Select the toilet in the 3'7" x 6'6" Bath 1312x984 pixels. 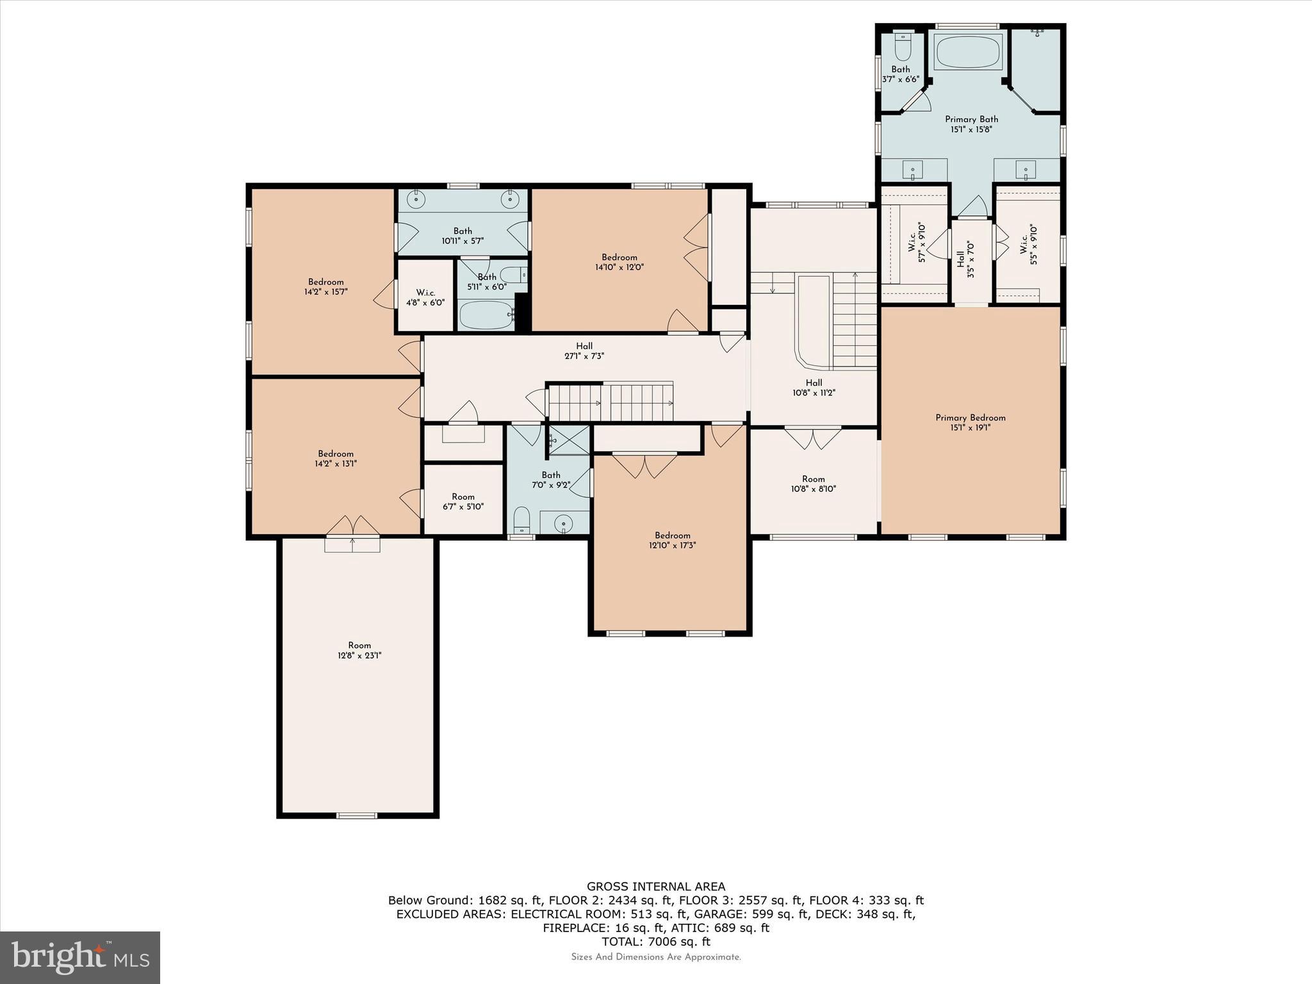903,46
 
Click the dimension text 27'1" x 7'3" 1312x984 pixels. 584,356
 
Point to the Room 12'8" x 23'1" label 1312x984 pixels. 359,650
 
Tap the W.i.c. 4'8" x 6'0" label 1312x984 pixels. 425,298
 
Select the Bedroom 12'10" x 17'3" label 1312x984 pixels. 672,540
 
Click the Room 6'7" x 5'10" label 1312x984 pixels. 463,501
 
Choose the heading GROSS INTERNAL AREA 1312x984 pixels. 656,887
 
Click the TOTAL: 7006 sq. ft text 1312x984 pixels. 656,942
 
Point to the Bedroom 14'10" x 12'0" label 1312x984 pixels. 619,262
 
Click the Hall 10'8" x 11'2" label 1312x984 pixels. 814,388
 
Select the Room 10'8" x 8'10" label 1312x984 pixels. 813,484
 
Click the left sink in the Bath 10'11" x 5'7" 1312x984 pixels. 417,200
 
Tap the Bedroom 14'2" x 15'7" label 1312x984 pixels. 325,286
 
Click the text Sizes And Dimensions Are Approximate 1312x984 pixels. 656,957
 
